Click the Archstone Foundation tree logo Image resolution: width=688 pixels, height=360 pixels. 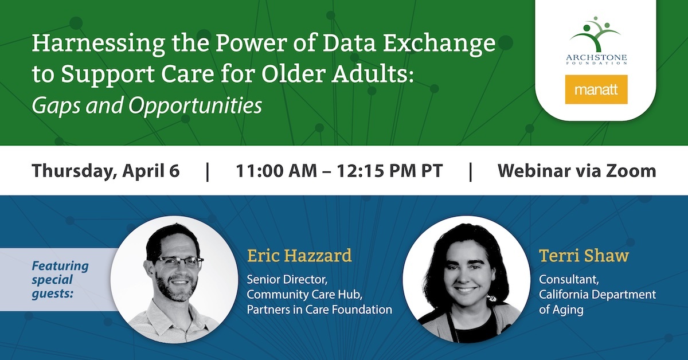point(596,34)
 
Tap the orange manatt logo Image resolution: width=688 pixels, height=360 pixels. point(596,89)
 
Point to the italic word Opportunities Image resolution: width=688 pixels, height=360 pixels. point(195,106)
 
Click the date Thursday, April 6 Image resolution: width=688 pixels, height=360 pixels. point(105,171)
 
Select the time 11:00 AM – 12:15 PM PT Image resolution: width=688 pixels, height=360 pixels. point(339,171)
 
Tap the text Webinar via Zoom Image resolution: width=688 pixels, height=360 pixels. point(577,171)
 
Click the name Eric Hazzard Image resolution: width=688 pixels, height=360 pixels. point(299,256)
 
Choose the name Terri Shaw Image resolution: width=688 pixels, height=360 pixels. point(584,256)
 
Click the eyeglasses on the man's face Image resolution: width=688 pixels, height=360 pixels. point(179,261)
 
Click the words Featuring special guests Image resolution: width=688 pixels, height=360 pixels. point(60,280)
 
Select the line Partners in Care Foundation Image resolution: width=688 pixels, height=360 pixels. point(319,310)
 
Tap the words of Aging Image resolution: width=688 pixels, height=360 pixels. point(561,310)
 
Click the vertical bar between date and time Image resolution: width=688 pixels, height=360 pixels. point(208,172)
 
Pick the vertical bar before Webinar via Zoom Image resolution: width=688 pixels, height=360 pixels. point(471,172)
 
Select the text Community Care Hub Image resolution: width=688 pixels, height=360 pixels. point(304,295)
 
